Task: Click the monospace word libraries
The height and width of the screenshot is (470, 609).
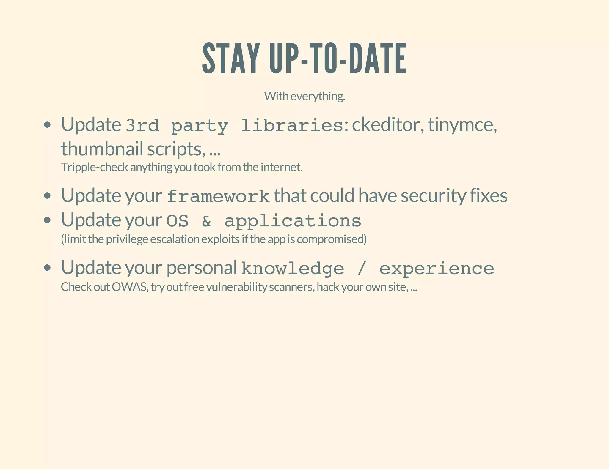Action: click(292, 125)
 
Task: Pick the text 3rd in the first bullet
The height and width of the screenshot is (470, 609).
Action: click(142, 125)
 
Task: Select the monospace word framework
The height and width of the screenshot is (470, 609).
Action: click(218, 196)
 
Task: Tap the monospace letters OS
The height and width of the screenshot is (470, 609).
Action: click(177, 221)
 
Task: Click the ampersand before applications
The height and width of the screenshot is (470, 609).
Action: click(206, 221)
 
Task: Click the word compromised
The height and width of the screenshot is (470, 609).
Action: click(332, 239)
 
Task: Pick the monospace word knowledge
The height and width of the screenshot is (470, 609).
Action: click(293, 269)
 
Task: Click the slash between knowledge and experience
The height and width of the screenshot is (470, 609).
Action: click(362, 269)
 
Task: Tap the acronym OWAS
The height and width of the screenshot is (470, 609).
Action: click(130, 287)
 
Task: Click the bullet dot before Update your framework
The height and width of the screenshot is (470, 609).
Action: click(47, 196)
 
